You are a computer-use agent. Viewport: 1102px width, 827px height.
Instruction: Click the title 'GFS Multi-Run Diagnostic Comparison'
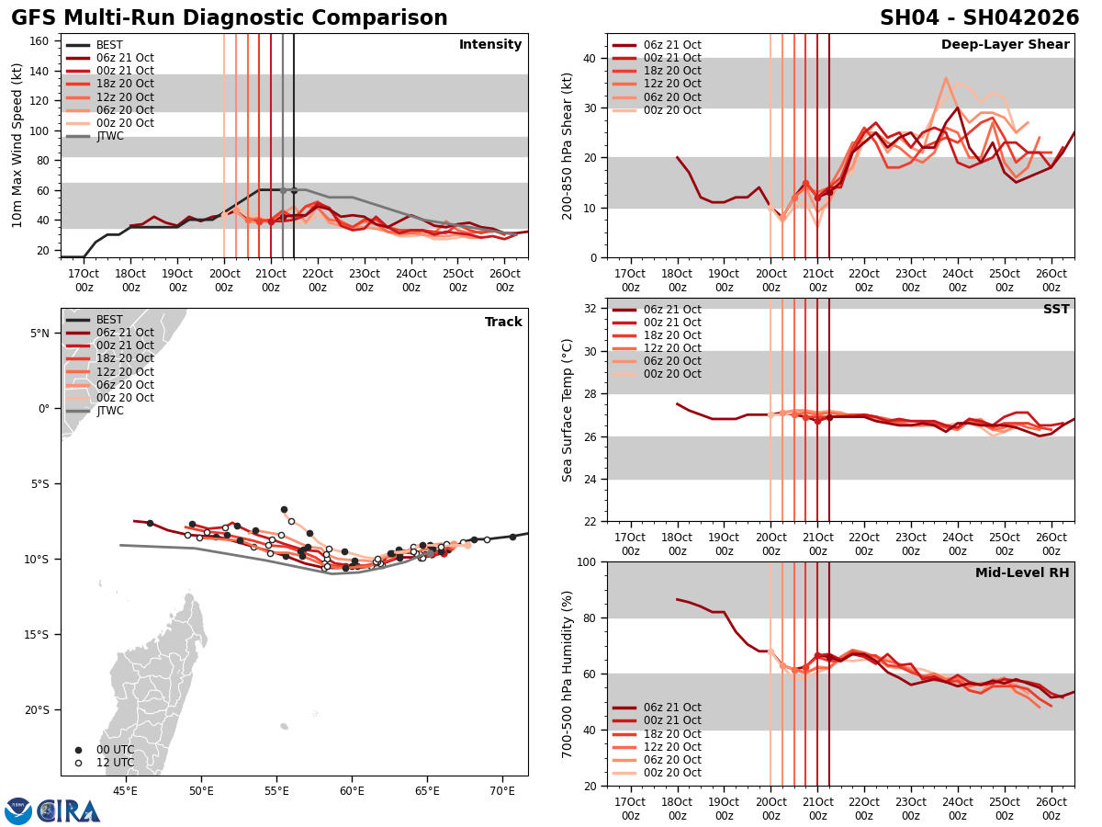230,18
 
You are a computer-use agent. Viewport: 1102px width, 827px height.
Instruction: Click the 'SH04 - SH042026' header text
979,18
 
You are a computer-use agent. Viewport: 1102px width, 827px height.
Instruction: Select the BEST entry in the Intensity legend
109,45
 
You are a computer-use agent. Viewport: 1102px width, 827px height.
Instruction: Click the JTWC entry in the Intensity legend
109,136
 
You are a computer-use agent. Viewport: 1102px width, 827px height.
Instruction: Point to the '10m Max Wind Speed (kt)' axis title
17,145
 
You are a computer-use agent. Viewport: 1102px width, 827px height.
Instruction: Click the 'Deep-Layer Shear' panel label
1005,45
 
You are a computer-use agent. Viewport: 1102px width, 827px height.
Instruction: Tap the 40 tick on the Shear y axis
589,58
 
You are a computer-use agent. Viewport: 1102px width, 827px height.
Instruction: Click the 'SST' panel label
1055,310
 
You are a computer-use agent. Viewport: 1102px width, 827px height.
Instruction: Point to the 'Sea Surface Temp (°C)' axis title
568,410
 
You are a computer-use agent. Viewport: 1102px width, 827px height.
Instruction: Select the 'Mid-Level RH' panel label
1022,573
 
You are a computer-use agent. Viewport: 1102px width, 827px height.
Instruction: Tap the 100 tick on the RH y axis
585,561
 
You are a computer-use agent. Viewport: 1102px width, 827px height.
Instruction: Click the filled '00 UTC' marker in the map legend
78,750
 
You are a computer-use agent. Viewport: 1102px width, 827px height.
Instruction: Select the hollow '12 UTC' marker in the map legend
78,763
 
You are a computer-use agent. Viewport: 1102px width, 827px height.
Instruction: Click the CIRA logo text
69,811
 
